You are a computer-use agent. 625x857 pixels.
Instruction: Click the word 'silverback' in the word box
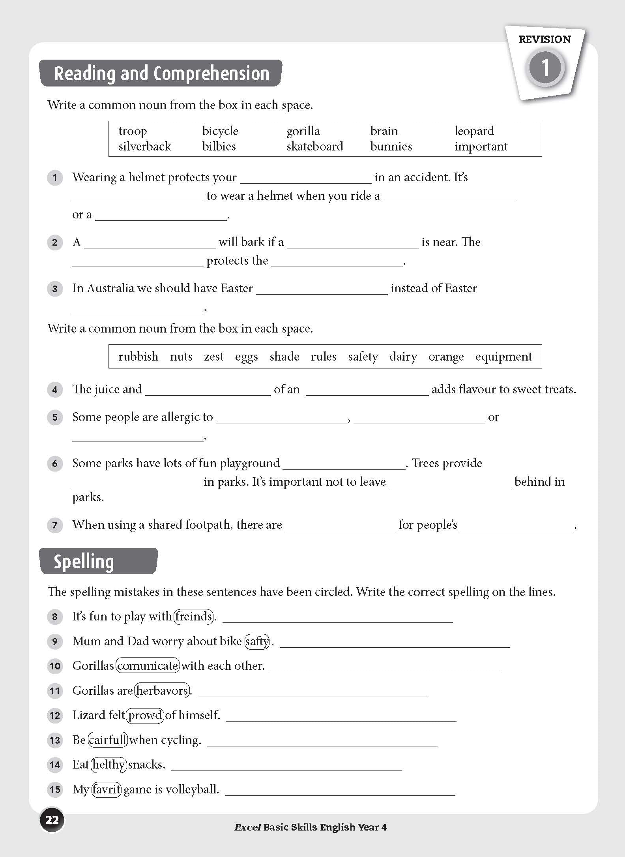pos(144,147)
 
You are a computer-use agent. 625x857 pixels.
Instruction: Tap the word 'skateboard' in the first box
pos(314,147)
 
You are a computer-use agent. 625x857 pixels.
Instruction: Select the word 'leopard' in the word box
pos(474,131)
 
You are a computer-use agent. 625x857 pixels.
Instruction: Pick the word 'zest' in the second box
pos(213,357)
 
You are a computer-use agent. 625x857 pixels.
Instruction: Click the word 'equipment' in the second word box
pos(503,357)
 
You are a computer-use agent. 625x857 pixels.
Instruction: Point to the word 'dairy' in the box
pos(403,357)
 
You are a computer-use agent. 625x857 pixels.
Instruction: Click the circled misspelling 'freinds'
pos(193,616)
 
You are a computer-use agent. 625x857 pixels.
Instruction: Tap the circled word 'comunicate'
pos(148,666)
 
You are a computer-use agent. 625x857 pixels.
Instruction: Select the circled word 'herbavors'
pos(162,690)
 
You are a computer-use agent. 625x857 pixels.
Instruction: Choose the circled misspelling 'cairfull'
pos(108,740)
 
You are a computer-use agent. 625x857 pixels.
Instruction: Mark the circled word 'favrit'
pos(107,789)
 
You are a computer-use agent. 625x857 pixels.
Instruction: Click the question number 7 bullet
pos(55,525)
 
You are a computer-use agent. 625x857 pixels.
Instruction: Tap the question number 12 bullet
pos(55,716)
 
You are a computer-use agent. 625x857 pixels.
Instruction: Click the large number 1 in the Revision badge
pos(545,68)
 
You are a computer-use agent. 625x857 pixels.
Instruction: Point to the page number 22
pos(52,820)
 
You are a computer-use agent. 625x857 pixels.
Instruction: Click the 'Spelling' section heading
pos(84,562)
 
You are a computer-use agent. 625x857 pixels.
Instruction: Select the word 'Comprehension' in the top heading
pos(211,74)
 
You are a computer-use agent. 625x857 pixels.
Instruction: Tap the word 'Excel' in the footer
pos(247,827)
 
